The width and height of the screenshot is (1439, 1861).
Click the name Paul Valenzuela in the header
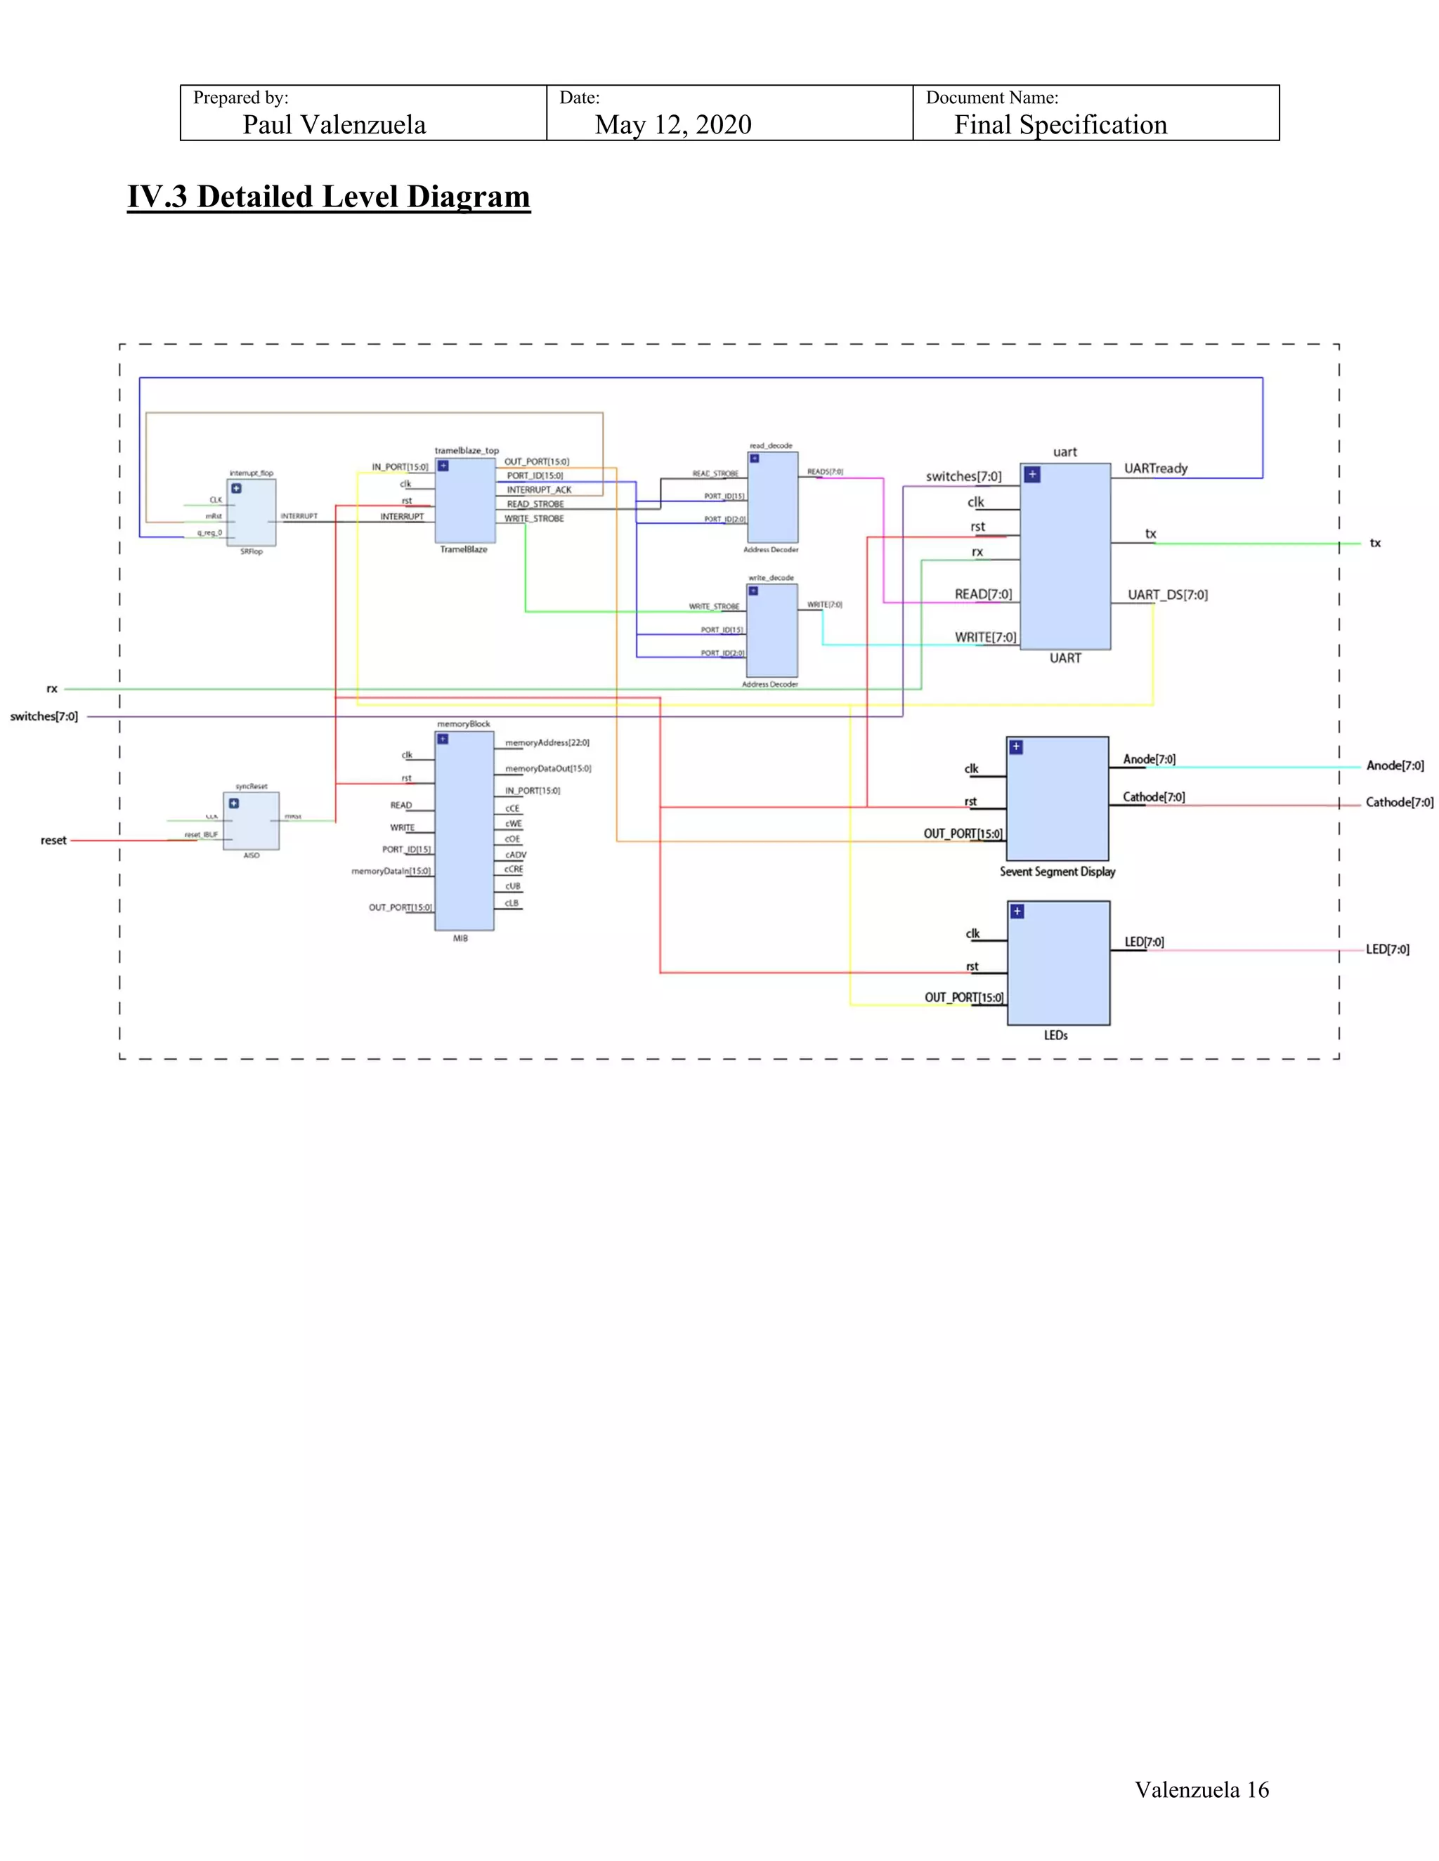click(334, 125)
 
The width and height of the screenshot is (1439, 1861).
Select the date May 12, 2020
click(672, 125)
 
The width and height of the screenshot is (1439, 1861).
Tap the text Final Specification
click(1060, 125)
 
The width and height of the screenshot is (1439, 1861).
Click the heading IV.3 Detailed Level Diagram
click(328, 197)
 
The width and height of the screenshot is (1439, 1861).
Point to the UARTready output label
click(1155, 468)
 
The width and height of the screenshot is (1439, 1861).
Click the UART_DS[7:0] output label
click(1167, 595)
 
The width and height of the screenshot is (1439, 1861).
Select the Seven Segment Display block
click(1057, 798)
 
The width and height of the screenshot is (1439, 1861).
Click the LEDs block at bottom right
click(1058, 963)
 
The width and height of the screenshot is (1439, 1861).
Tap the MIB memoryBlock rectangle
click(464, 831)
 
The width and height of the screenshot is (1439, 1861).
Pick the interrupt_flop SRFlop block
click(252, 512)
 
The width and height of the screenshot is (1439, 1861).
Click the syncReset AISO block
click(252, 820)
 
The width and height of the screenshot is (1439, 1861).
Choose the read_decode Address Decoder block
click(772, 498)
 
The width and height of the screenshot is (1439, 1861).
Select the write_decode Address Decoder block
click(771, 631)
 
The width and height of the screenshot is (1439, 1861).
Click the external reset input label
click(53, 840)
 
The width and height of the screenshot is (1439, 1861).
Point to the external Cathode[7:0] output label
click(1399, 803)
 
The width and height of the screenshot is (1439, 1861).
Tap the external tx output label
click(1375, 543)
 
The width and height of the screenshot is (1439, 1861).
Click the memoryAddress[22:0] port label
click(547, 743)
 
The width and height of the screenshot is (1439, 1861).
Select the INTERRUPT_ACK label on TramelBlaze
click(539, 490)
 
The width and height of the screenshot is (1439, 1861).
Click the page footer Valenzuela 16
click(1201, 1789)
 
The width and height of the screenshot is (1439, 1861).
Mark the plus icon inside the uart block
click(1031, 475)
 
